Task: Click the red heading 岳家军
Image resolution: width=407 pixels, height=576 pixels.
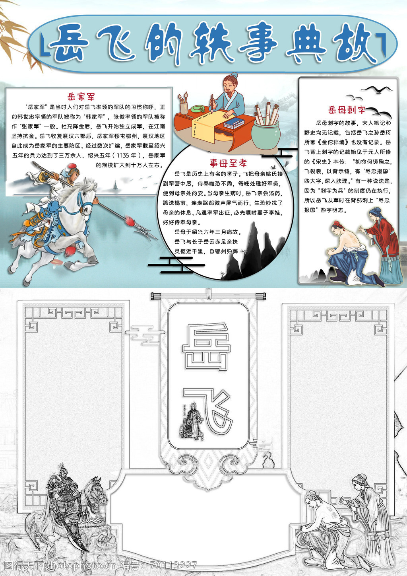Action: click(81, 97)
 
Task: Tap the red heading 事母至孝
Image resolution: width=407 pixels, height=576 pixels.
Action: click(229, 163)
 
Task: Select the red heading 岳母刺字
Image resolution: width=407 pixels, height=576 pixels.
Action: click(347, 110)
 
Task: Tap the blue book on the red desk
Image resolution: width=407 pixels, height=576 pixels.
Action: click(234, 123)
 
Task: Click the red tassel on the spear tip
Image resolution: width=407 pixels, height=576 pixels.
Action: click(131, 221)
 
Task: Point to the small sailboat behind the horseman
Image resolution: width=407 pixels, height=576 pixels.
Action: click(115, 185)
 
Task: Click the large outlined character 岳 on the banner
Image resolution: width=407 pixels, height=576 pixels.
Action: click(206, 346)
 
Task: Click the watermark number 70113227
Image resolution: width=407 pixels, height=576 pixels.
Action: click(174, 565)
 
